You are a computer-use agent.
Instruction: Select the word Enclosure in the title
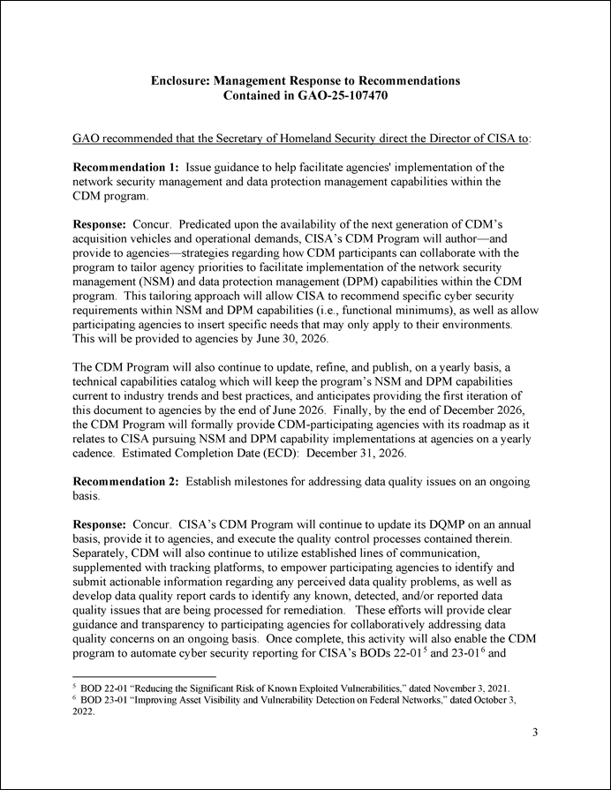184,79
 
